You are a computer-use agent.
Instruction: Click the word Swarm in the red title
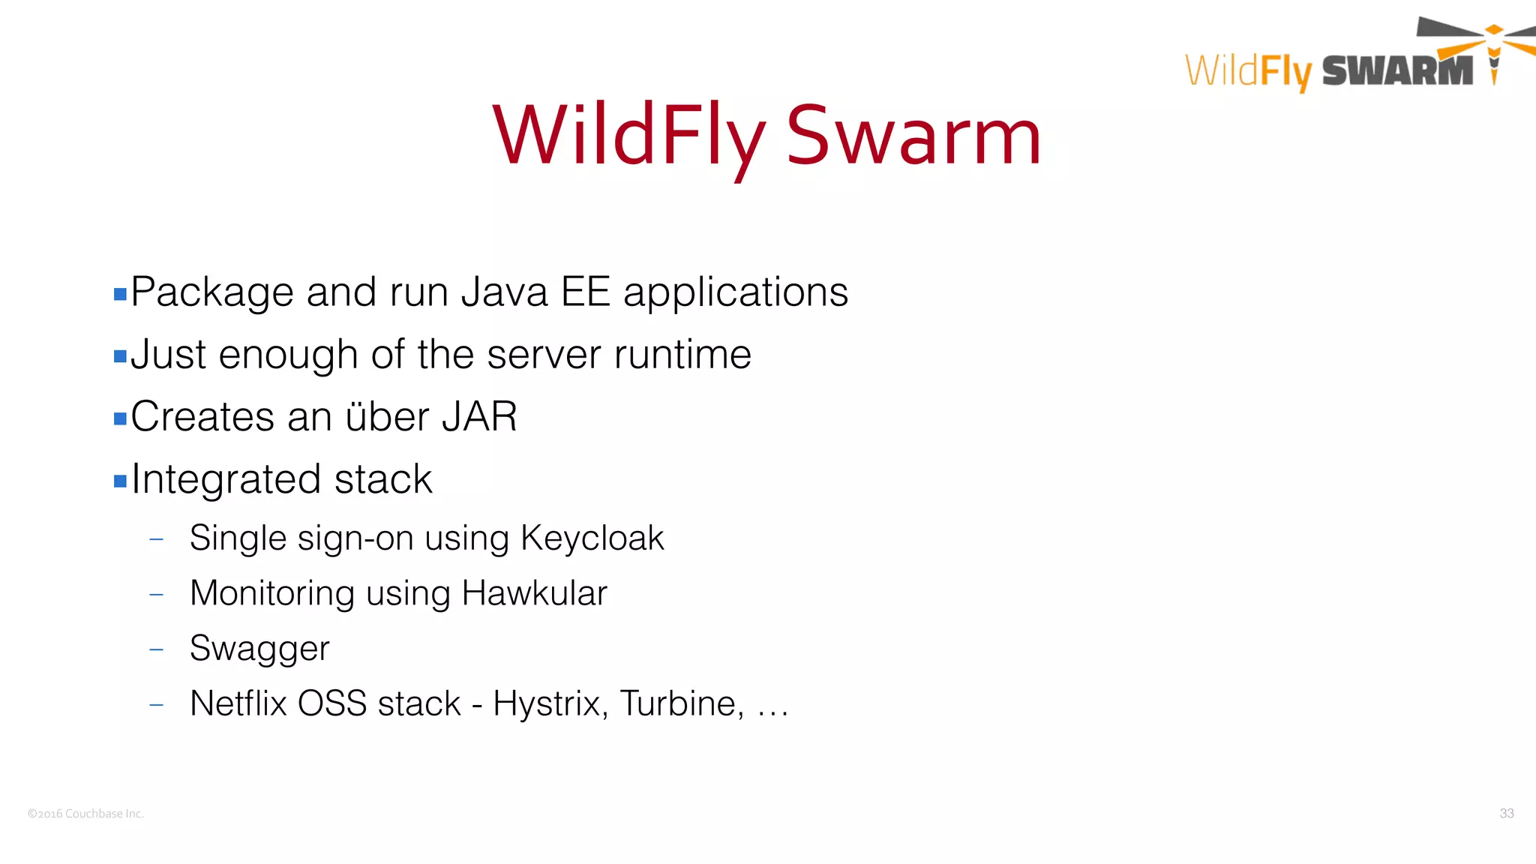pyautogui.click(x=913, y=136)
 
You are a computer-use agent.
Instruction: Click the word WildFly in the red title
pyautogui.click(x=628, y=136)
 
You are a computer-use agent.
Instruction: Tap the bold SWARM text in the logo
pyautogui.click(x=1397, y=71)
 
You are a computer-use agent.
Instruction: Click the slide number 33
pyautogui.click(x=1506, y=813)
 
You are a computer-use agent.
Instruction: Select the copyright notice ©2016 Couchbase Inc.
pyautogui.click(x=85, y=814)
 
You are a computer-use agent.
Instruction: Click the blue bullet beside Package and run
pyautogui.click(x=120, y=294)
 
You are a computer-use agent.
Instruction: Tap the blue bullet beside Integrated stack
pyautogui.click(x=120, y=481)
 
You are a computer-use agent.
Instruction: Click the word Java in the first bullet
pyautogui.click(x=504, y=292)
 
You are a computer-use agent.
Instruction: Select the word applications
pyautogui.click(x=736, y=292)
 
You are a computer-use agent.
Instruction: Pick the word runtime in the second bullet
pyautogui.click(x=682, y=354)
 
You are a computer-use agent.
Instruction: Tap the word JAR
pyautogui.click(x=479, y=416)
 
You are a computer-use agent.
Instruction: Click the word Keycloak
pyautogui.click(x=592, y=538)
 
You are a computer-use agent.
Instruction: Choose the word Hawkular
pyautogui.click(x=534, y=592)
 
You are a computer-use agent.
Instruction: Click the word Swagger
pyautogui.click(x=259, y=648)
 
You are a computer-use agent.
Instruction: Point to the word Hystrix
pyautogui.click(x=550, y=703)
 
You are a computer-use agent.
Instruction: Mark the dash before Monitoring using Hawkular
pyautogui.click(x=156, y=595)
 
